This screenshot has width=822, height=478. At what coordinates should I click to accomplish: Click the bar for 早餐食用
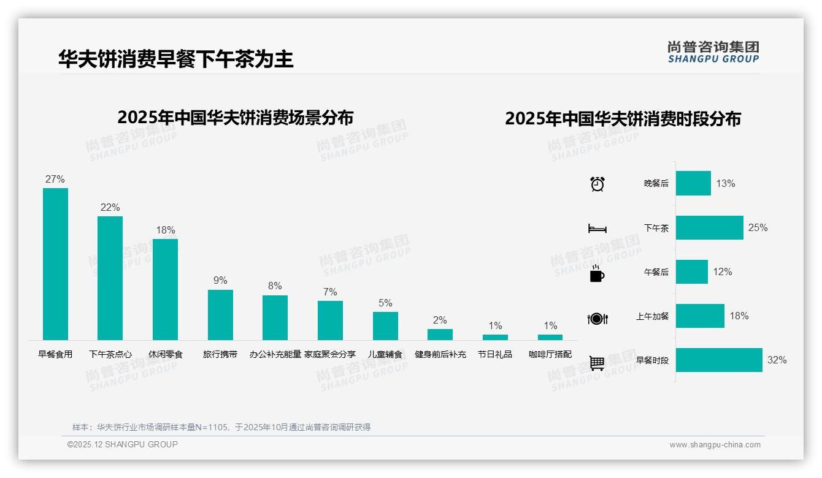(55, 264)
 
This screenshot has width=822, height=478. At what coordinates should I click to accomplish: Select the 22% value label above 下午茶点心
(110, 208)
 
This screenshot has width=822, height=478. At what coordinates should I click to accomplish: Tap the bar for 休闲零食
(165, 289)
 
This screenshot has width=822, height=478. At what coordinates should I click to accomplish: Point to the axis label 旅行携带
(220, 354)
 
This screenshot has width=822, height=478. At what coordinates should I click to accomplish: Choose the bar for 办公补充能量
(275, 317)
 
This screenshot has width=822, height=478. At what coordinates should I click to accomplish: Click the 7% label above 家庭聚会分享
(330, 292)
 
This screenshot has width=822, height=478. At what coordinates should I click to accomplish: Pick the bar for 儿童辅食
(385, 326)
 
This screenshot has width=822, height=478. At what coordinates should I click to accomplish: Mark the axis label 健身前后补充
(440, 354)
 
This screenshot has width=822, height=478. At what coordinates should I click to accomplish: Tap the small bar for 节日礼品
(495, 337)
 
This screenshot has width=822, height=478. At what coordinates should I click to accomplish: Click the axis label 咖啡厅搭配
(550, 354)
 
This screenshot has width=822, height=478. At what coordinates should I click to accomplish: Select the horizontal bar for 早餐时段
(719, 360)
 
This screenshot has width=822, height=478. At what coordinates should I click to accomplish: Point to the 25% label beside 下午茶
(758, 228)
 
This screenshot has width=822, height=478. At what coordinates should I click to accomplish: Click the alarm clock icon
(597, 184)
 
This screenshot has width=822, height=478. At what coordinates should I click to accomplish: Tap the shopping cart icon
(597, 363)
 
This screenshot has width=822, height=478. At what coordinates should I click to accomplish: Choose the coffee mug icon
(597, 274)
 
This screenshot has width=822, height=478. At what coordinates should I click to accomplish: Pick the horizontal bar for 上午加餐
(700, 316)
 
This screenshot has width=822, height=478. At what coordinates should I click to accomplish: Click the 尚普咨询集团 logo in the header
(713, 51)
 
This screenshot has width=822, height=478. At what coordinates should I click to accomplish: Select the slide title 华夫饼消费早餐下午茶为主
(176, 59)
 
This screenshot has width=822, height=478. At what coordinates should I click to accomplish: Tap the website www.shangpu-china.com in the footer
(715, 445)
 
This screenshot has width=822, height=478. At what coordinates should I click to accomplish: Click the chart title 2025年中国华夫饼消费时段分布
(623, 118)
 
